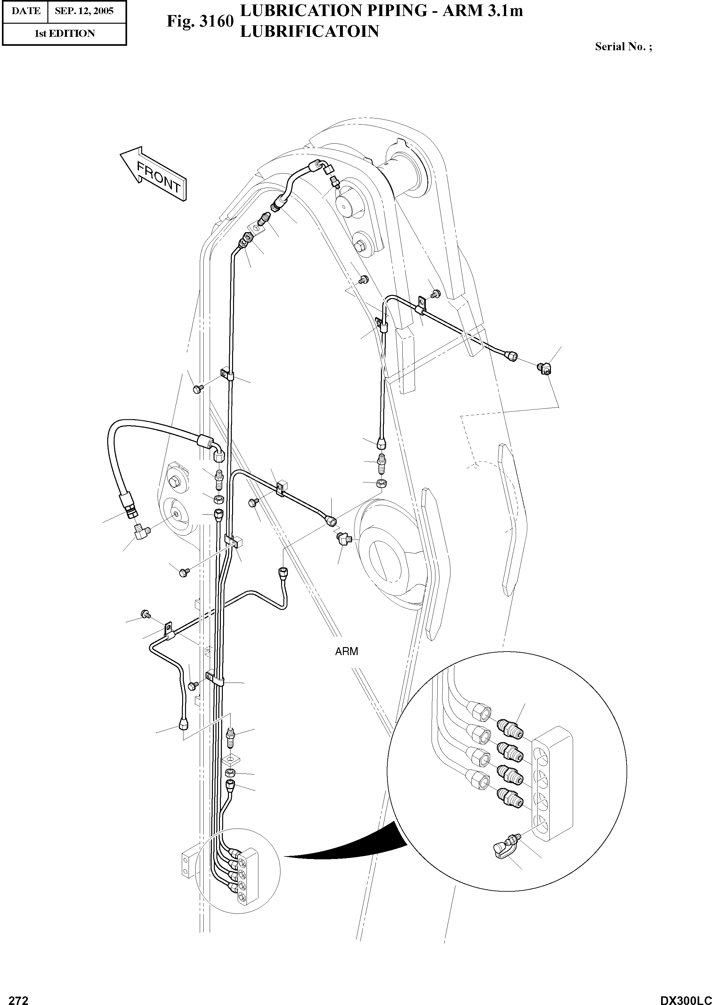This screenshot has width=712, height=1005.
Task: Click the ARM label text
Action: (x=346, y=652)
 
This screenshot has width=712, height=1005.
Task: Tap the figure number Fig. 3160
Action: (x=200, y=21)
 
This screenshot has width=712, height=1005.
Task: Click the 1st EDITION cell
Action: (x=64, y=34)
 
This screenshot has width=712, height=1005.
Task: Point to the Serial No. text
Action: (x=623, y=47)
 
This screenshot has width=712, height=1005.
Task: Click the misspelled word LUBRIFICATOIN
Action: (x=309, y=32)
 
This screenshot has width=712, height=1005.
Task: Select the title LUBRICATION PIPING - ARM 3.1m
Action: (x=381, y=11)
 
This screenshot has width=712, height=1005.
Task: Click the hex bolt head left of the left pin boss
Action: (x=174, y=483)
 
